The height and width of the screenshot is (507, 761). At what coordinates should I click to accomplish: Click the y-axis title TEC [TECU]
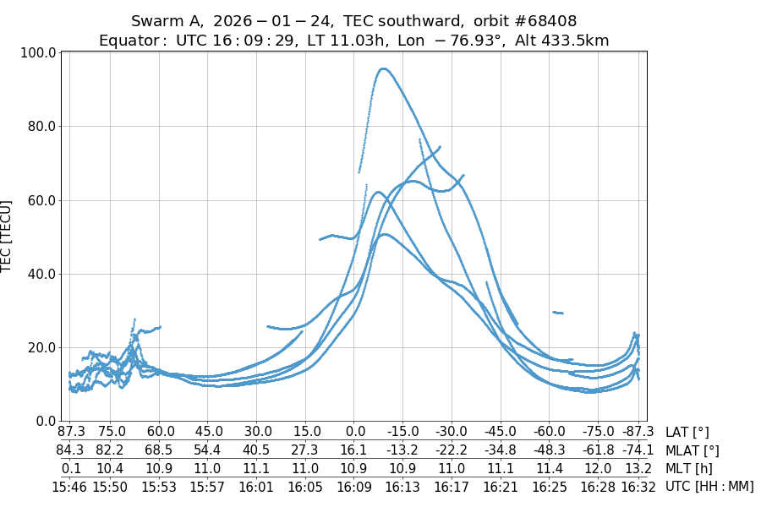click(x=8, y=237)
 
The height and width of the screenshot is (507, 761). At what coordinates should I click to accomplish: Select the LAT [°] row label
click(x=687, y=433)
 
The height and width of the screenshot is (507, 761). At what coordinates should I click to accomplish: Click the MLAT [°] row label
click(x=693, y=450)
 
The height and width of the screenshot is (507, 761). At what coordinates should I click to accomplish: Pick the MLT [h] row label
click(x=687, y=468)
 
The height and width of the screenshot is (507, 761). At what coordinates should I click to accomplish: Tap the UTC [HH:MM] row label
click(x=709, y=486)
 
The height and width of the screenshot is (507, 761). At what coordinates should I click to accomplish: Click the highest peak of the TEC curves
click(x=383, y=68)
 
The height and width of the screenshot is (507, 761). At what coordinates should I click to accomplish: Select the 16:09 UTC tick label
click(x=353, y=486)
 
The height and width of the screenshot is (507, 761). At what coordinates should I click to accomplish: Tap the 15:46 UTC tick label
click(x=72, y=486)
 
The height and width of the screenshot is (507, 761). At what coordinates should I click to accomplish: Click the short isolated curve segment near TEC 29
click(x=557, y=313)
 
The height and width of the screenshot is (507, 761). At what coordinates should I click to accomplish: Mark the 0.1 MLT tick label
click(x=72, y=468)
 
